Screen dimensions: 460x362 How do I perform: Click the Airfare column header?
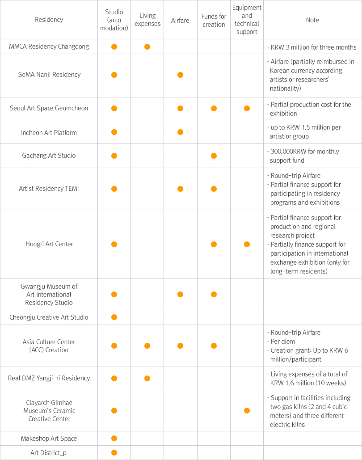pos(180,20)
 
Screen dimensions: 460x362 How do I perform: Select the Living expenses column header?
pos(147,20)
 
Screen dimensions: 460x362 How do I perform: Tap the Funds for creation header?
pos(214,20)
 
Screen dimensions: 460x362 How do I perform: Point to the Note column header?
pos(312,20)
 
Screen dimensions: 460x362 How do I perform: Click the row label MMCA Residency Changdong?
pos(49,46)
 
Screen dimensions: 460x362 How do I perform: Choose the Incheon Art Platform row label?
pos(49,132)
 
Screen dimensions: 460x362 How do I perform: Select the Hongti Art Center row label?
pos(49,244)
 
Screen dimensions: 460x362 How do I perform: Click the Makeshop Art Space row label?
pos(49,439)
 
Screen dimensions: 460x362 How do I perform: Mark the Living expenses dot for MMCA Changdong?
pos(147,46)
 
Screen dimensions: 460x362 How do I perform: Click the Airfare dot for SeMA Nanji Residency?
pos(180,75)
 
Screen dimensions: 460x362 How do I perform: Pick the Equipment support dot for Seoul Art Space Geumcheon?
pos(247,108)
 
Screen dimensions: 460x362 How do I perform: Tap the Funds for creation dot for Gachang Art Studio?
pos(214,156)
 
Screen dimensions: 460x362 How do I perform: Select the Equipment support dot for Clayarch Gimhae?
pos(247,410)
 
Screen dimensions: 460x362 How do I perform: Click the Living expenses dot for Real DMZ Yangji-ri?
pos(147,378)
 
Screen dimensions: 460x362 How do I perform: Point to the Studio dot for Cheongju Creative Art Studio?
pos(114,317)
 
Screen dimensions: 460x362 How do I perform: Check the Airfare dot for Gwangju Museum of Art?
pos(180,294)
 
